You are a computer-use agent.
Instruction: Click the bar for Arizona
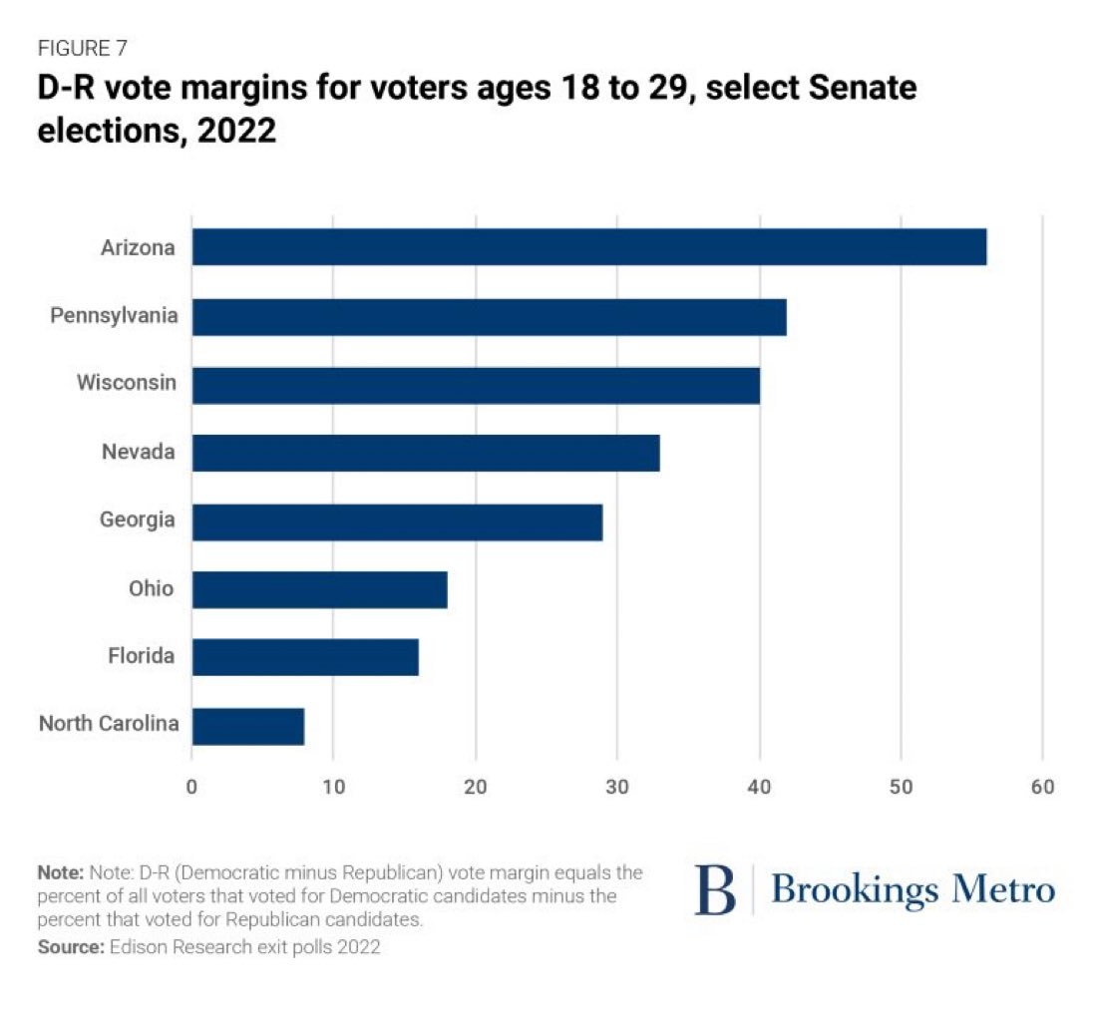(x=588, y=246)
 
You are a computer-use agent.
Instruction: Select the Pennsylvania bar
(x=489, y=317)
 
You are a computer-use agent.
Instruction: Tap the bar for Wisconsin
(x=476, y=385)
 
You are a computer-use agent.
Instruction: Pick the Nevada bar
(x=426, y=453)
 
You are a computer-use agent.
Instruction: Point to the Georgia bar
(x=397, y=521)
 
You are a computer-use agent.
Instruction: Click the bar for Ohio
(x=319, y=589)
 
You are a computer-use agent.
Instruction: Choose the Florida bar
(x=305, y=657)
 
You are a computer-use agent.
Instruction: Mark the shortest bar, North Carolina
(x=248, y=726)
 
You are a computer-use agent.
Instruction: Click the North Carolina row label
(x=109, y=724)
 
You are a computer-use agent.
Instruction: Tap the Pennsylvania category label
(x=115, y=316)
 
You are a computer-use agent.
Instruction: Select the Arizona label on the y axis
(x=139, y=247)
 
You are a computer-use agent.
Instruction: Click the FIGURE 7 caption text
(x=82, y=48)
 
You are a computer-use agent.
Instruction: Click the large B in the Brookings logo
(x=714, y=889)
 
